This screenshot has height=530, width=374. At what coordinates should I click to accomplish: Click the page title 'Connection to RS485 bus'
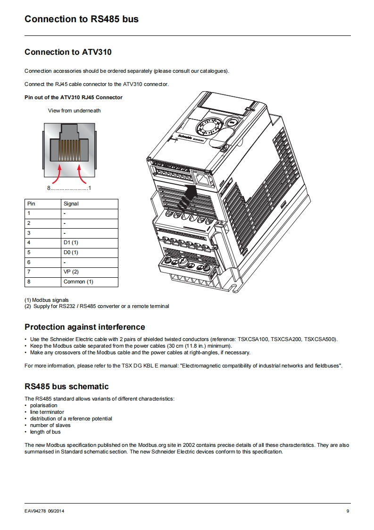tap(81, 19)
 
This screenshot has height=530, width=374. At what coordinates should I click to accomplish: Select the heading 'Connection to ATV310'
tap(68, 52)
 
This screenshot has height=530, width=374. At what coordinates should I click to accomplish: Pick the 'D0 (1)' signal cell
tap(71, 252)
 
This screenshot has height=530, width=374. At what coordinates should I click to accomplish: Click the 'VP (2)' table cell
tap(71, 272)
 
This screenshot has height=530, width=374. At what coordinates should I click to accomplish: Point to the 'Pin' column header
tap(31, 204)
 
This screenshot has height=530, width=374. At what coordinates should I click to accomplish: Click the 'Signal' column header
tap(71, 204)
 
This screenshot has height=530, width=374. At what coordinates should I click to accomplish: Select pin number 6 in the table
tap(29, 262)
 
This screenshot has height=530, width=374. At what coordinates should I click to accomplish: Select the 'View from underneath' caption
tap(75, 111)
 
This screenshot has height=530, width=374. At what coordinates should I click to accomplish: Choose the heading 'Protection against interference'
tap(85, 327)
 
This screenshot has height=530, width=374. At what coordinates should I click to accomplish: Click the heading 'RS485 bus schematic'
tap(66, 386)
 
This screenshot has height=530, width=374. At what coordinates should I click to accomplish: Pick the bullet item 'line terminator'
tap(47, 412)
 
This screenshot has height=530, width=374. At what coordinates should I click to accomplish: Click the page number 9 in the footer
tap(348, 511)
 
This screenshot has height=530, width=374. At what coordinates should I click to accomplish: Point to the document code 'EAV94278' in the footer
tap(35, 511)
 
